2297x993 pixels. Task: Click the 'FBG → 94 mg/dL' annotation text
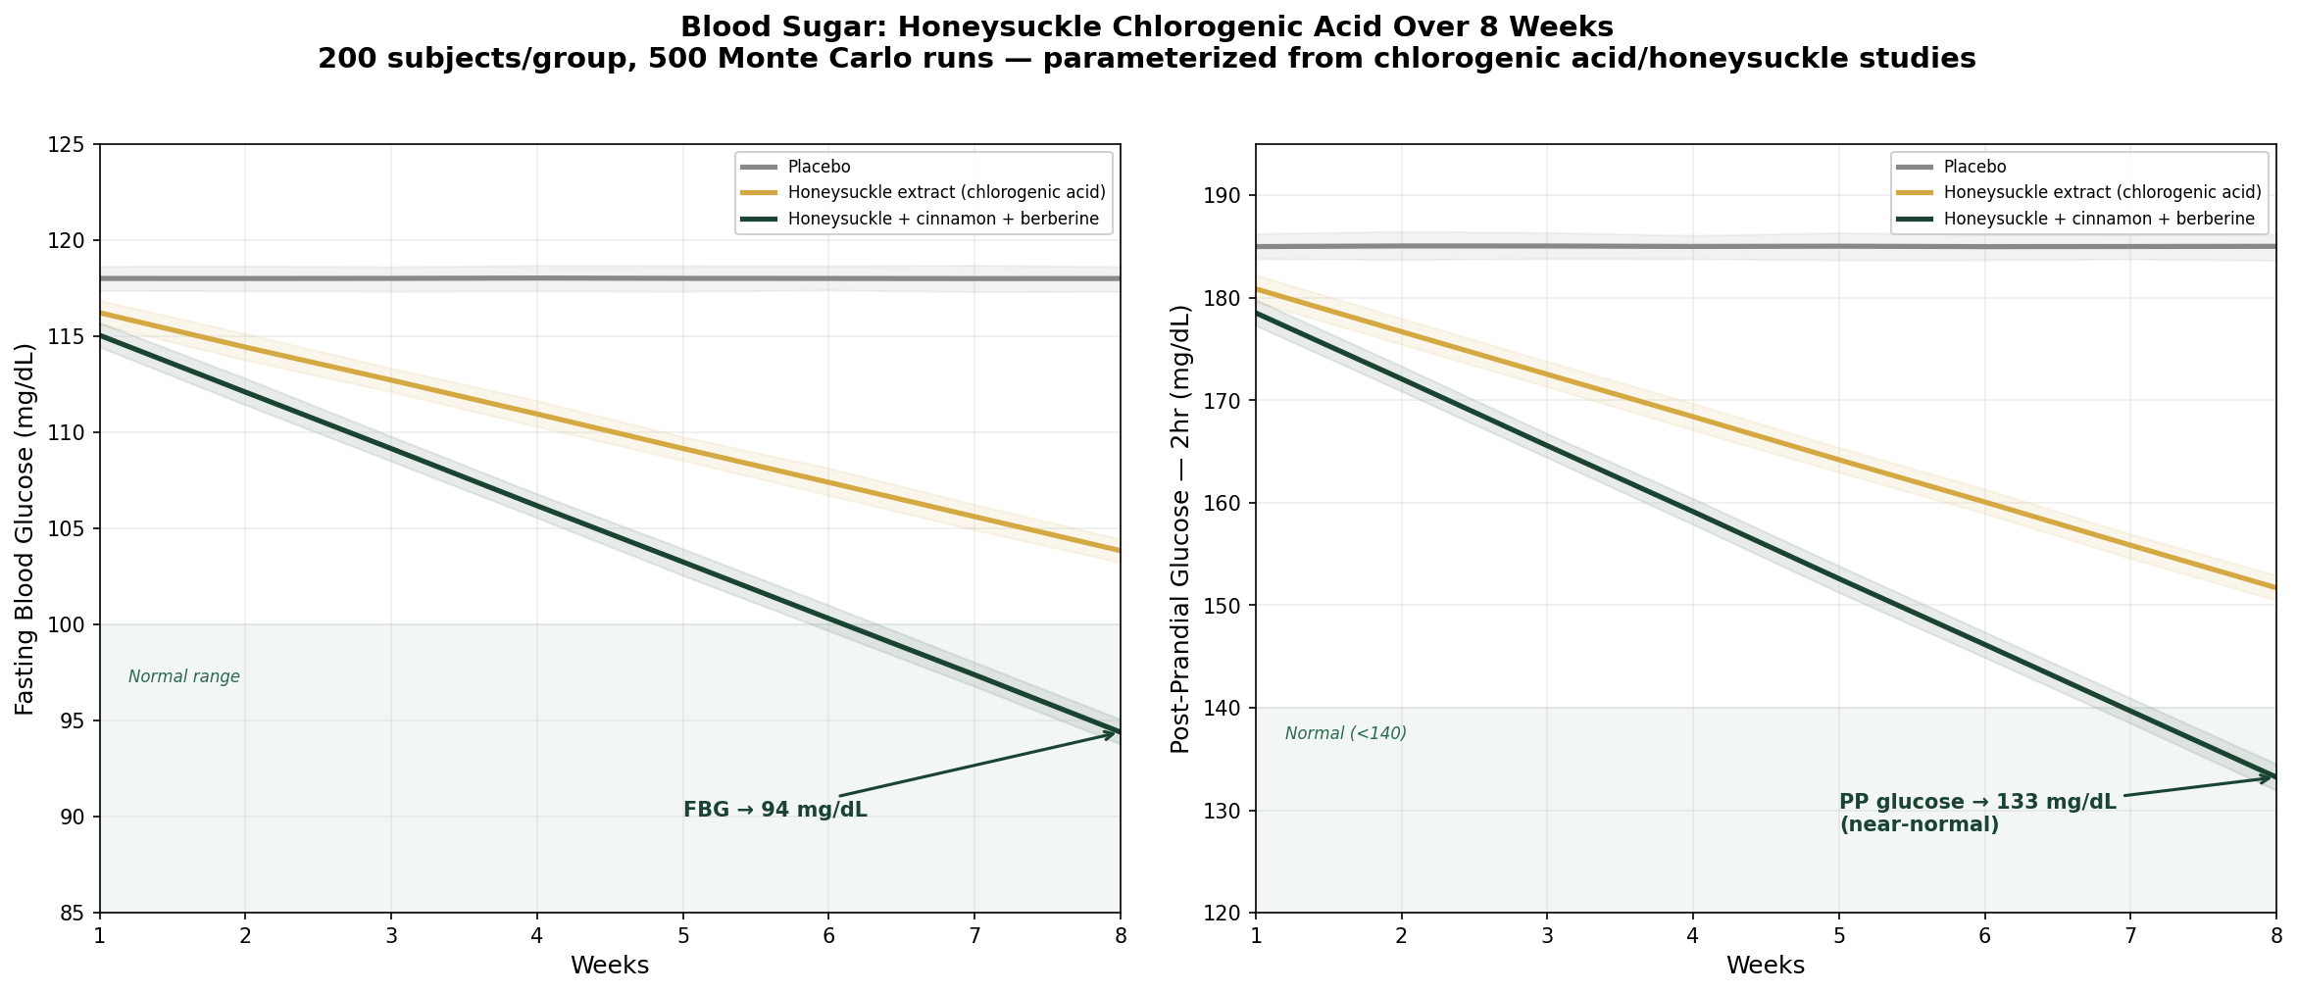774,811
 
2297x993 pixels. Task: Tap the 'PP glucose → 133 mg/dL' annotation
1977,803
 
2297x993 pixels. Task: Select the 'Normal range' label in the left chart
184,677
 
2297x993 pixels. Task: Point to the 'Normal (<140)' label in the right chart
1345,733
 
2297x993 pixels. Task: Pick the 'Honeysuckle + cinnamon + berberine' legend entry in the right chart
2099,219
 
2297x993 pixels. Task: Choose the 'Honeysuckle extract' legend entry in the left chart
946,192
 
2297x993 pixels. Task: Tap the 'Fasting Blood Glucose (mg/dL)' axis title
25,528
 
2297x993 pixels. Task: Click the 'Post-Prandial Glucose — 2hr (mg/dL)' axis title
1180,528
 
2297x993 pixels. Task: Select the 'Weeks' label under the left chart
610,966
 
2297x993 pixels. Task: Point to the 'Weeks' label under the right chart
1766,966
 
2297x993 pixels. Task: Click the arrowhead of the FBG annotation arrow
1115,732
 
